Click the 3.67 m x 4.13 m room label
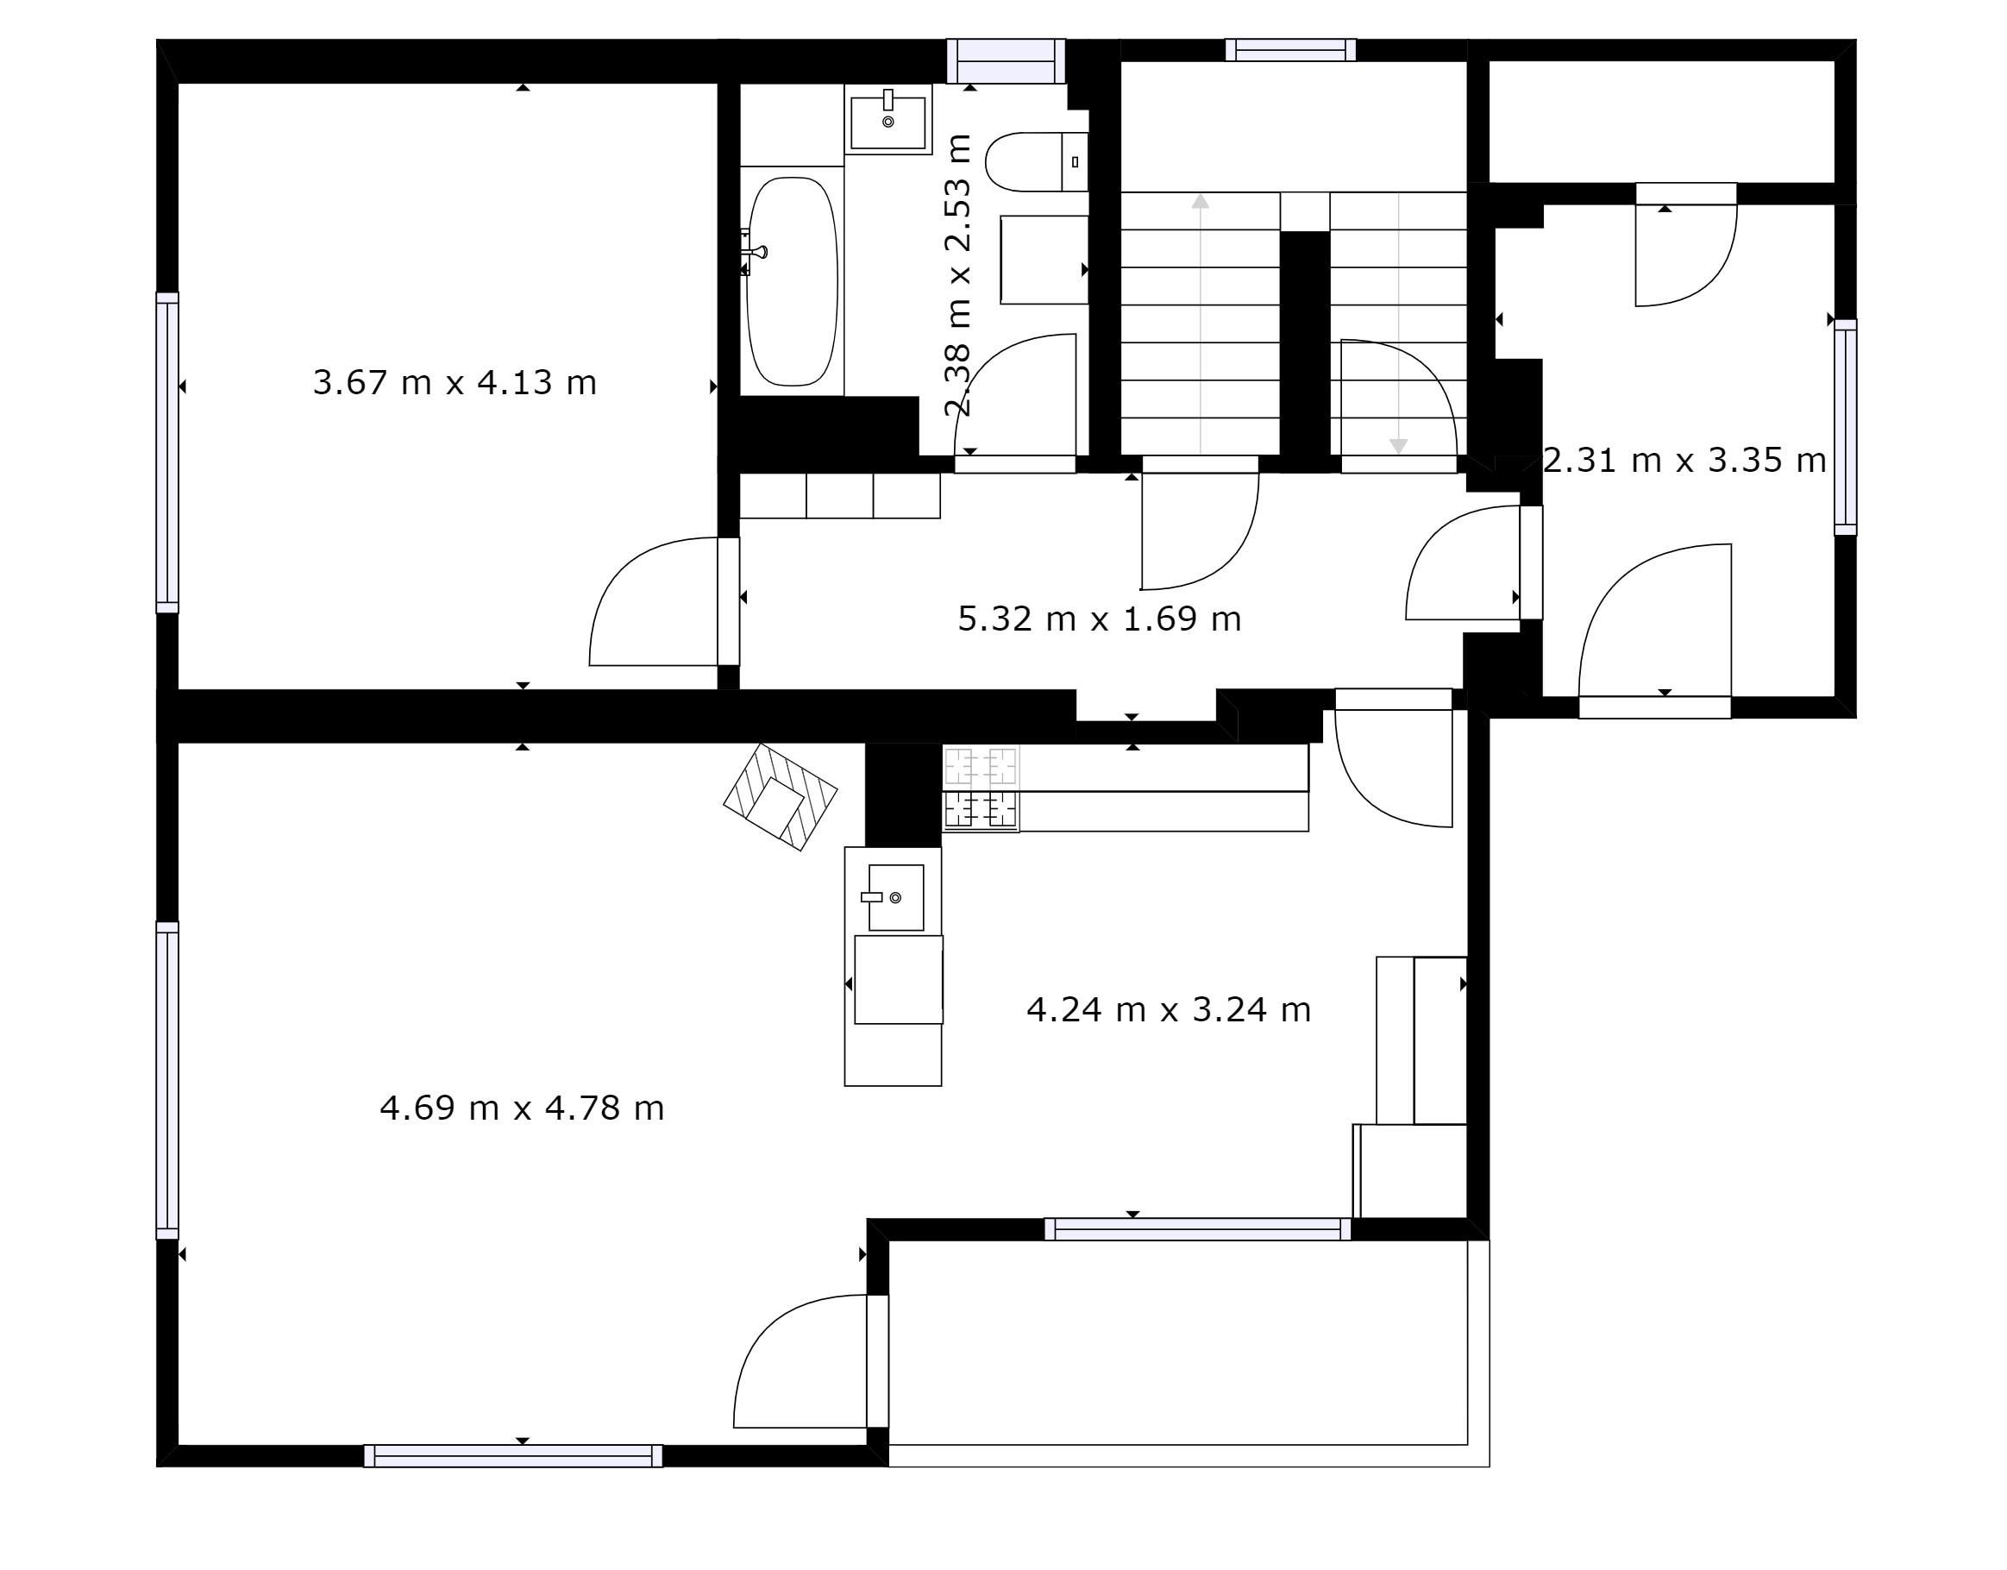click(x=455, y=382)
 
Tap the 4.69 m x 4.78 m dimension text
click(x=522, y=1108)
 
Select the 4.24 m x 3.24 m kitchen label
click(x=1168, y=1009)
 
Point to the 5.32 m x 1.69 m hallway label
click(x=1099, y=619)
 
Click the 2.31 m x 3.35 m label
click(x=1684, y=460)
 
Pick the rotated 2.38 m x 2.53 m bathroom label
click(x=958, y=275)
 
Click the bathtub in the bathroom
click(x=792, y=281)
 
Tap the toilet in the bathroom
click(x=1037, y=162)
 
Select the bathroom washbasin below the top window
click(x=887, y=120)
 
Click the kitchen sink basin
click(x=896, y=897)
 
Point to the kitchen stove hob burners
click(x=982, y=788)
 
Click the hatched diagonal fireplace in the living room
click(x=781, y=797)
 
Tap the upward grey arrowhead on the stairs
click(x=1201, y=201)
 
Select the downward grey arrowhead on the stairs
click(x=1399, y=447)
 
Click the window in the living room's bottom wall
click(x=514, y=1456)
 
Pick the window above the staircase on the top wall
click(x=1290, y=50)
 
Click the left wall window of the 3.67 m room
click(x=167, y=452)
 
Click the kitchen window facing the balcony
click(x=1197, y=1229)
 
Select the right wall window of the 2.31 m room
click(x=1845, y=427)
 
